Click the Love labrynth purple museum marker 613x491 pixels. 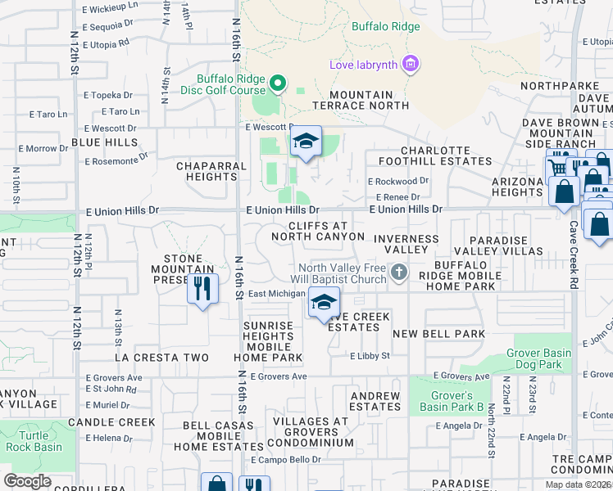click(x=411, y=64)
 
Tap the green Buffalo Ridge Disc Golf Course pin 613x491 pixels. click(x=278, y=83)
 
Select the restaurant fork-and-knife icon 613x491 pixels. click(x=202, y=288)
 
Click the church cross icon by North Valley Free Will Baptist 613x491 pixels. click(x=398, y=273)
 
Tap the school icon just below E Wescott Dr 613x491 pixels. click(x=306, y=142)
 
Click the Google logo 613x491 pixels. click(x=28, y=481)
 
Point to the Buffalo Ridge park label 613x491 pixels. click(x=385, y=26)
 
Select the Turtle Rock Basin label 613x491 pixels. click(x=34, y=442)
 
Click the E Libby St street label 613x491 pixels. click(x=369, y=356)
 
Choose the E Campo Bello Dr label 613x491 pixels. click(x=286, y=460)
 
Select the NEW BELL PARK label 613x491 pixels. click(x=438, y=334)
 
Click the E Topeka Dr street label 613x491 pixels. click(x=107, y=95)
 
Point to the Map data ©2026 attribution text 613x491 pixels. click(x=578, y=484)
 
